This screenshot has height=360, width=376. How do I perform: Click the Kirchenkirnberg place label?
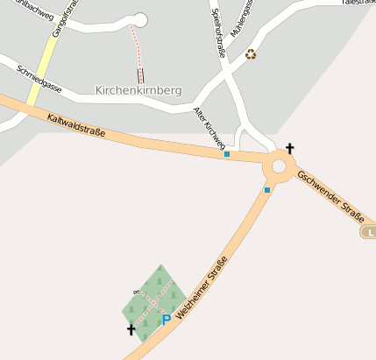coord(138,90)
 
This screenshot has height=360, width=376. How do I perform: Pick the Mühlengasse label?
coord(241,18)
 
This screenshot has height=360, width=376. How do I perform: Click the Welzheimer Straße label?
coord(202,287)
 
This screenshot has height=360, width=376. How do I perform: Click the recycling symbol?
coord(252,54)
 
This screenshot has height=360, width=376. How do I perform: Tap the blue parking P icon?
coord(166,320)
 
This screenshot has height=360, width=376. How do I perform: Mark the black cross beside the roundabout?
coord(290,149)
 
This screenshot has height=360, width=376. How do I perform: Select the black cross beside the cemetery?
coord(131,329)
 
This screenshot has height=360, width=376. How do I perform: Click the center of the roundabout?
coord(280,166)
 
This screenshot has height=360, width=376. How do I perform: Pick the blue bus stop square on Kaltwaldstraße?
coord(227,154)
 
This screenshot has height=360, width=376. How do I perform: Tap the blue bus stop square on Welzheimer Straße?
coord(267,189)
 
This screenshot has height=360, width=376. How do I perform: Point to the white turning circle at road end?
coord(140,20)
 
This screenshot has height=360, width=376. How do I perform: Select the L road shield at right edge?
coord(369,231)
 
